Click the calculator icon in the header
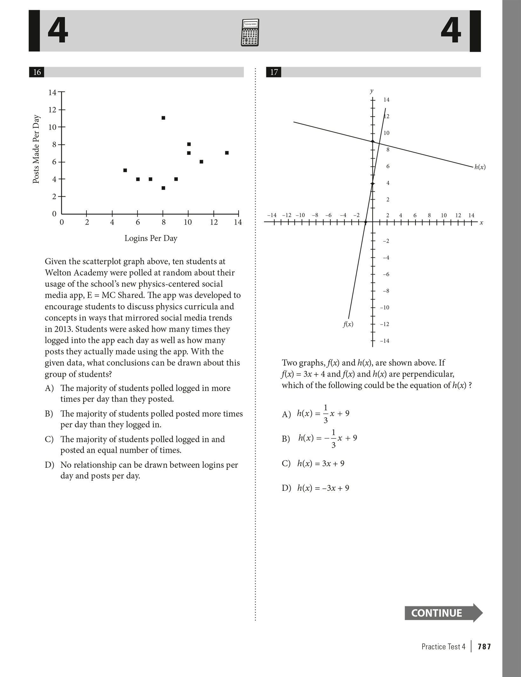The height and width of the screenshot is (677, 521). tap(250, 33)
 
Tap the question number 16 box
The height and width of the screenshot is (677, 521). tap(37, 72)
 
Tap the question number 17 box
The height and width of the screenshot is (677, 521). tap(274, 72)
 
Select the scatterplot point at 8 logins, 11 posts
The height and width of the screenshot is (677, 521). tap(163, 118)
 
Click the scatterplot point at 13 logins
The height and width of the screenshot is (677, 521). tap(227, 153)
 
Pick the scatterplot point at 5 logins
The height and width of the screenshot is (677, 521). tap(125, 170)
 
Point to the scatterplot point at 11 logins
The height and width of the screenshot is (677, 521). tap(201, 162)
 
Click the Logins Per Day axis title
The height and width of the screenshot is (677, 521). tap(151, 238)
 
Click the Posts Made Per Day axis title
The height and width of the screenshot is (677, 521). tap(36, 149)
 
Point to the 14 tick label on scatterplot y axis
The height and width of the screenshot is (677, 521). tap(52, 92)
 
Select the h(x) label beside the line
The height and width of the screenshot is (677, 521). tap(480, 167)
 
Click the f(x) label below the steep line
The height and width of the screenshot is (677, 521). tap(348, 324)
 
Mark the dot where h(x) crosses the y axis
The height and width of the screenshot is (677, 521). tap(373, 141)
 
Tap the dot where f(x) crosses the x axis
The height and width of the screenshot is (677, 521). tap(366, 222)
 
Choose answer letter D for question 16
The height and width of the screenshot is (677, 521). tap(49, 465)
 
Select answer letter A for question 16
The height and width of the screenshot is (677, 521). tap(49, 388)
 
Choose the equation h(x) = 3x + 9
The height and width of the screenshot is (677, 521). tap(321, 464)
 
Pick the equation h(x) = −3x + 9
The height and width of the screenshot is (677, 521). tap(323, 488)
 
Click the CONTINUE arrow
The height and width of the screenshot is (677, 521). tap(443, 613)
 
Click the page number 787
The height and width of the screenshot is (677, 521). tap(484, 647)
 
